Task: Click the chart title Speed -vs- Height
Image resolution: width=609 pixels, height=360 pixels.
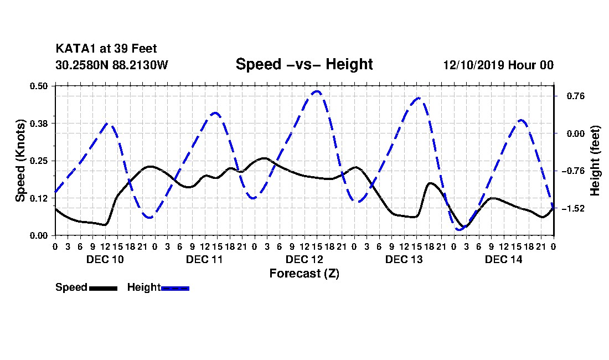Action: point(304,64)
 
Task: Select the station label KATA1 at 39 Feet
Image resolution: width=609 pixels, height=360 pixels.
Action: point(106,49)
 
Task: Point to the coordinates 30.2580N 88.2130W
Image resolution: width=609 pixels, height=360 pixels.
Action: point(111,65)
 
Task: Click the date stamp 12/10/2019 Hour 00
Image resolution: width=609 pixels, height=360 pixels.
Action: point(498,65)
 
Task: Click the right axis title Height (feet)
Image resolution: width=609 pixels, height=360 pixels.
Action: point(595,161)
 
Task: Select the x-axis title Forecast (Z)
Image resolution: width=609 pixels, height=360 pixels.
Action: point(304,274)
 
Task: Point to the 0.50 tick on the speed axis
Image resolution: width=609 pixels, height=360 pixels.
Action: point(39,86)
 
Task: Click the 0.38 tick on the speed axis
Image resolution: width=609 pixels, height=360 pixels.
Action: point(39,124)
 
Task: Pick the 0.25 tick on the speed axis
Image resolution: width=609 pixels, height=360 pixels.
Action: point(39,161)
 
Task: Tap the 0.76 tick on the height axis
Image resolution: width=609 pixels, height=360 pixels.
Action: point(576,96)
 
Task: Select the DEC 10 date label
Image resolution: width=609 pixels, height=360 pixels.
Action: point(105,259)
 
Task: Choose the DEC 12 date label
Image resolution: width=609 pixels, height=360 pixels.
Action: point(304,259)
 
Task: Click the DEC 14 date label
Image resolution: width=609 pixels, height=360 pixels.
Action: point(503,259)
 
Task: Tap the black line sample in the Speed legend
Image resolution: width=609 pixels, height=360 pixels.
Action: point(103,288)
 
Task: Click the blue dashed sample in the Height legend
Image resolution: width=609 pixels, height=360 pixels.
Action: point(175,288)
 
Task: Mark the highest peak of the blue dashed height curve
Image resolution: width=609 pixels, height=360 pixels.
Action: point(317,91)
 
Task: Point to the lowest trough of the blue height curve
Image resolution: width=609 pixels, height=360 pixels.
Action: point(460,229)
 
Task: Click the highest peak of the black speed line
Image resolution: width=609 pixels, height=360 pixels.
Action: point(265,158)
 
